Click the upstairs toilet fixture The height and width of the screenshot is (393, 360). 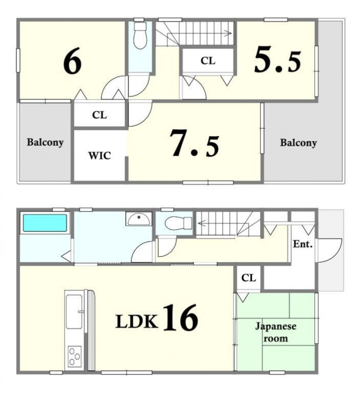click(140, 35)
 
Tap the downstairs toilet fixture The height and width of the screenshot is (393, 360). click(178, 223)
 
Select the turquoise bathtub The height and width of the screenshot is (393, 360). click(45, 223)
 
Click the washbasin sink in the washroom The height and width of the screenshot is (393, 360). click(139, 219)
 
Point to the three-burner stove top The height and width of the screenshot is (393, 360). click(74, 356)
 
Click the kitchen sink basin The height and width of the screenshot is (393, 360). click(74, 311)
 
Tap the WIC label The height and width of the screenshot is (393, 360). click(100, 156)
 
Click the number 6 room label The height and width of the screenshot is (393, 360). click(72, 61)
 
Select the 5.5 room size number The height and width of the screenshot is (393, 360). click(278, 60)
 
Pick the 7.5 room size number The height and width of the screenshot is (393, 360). click(195, 143)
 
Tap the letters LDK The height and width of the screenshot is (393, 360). click(137, 321)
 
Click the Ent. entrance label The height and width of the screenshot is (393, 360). click(303, 244)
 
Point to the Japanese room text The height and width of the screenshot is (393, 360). click(276, 332)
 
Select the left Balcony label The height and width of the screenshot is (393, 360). click(45, 142)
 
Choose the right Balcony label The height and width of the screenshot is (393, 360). click(298, 143)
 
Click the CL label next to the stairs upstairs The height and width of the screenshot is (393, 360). click(208, 61)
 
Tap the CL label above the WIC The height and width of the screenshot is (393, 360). click(100, 115)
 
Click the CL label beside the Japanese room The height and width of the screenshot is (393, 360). click(249, 278)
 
